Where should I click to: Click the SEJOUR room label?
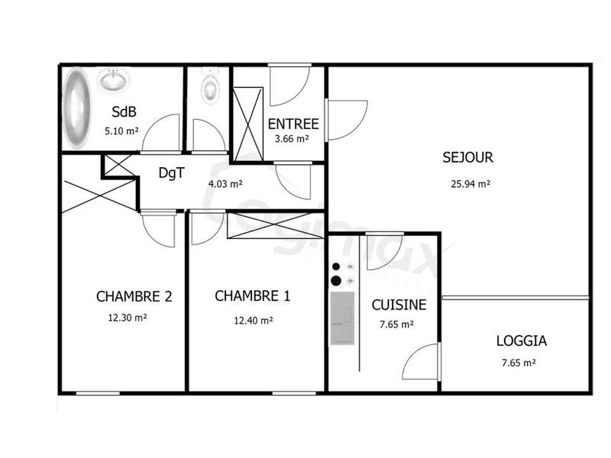click(467, 159)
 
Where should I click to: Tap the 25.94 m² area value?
click(468, 183)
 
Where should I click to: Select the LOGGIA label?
click(522, 341)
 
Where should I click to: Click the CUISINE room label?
click(399, 305)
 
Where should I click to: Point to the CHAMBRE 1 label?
click(252, 296)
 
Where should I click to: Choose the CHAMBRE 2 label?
click(134, 296)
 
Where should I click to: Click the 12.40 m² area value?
click(254, 321)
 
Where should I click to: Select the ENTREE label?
click(293, 123)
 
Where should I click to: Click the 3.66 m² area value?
click(292, 139)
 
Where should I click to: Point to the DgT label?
click(170, 173)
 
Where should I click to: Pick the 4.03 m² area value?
click(225, 183)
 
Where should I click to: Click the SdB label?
click(123, 111)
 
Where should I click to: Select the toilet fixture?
click(210, 85)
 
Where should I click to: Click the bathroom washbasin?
click(114, 79)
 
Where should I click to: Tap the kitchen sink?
click(342, 317)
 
